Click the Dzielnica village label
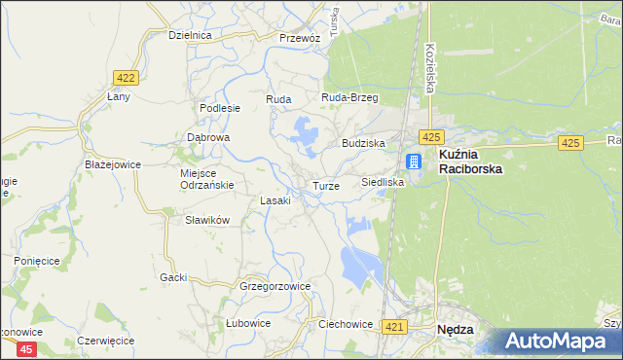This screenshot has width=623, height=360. point(190,34)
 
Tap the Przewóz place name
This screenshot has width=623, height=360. point(299,38)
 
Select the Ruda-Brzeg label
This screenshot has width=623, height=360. point(349,98)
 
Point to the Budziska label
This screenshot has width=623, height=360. point(363,143)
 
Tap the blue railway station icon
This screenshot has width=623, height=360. point(414,162)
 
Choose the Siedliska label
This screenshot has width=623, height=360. point(383,182)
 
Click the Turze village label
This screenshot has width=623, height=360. point(326,185)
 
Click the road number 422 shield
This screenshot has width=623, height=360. point(124,77)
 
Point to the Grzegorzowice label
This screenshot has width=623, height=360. point(275,286)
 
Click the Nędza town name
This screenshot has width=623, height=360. point(456,330)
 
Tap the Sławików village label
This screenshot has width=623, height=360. point(207,220)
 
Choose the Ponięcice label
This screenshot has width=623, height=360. point(37,261)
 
